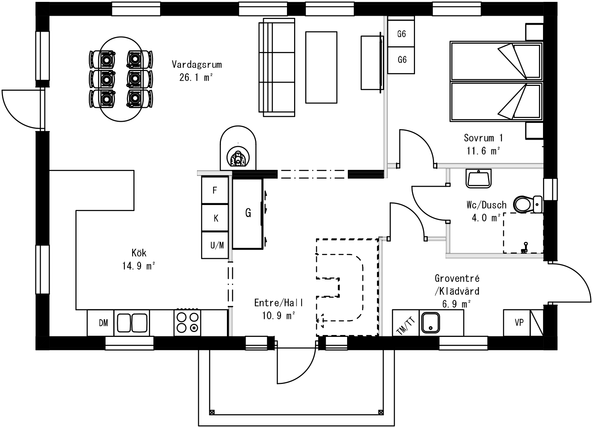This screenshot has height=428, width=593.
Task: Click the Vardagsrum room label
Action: [x=197, y=65]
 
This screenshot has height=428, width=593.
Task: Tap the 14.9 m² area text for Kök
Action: [x=138, y=266]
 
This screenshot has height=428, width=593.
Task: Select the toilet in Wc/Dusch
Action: [x=525, y=204]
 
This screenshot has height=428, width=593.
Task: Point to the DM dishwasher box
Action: [x=103, y=323]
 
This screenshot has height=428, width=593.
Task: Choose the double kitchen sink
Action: [x=132, y=323]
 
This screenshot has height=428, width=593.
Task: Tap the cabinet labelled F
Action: [x=215, y=190]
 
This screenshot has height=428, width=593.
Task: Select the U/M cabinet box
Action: [x=217, y=245]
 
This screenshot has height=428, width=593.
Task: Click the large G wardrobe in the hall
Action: [x=248, y=213]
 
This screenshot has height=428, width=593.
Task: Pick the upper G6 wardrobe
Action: [x=402, y=34]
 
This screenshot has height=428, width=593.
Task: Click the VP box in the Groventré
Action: [x=519, y=323]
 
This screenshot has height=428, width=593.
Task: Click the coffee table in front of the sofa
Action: [x=321, y=67]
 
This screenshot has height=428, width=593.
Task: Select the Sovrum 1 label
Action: [x=483, y=138]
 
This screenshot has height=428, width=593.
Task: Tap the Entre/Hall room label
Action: [x=278, y=303]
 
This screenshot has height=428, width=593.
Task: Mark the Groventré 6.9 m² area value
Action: [x=456, y=304]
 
